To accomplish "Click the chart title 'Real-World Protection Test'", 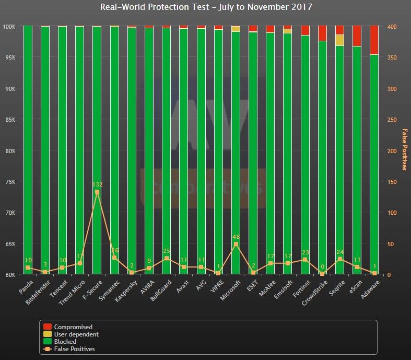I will tap(205, 7).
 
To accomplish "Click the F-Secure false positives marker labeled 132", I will tap(97, 192).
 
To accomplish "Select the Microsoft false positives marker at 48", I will tap(236, 244).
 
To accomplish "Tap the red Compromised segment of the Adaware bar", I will tap(374, 40).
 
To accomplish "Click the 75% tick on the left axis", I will tap(10, 182).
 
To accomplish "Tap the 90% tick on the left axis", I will tap(10, 89).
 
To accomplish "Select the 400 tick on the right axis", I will tap(392, 27).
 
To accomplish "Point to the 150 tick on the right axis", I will tap(392, 182).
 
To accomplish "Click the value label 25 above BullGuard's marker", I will tap(167, 251).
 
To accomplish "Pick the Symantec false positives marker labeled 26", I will tap(114, 258).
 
